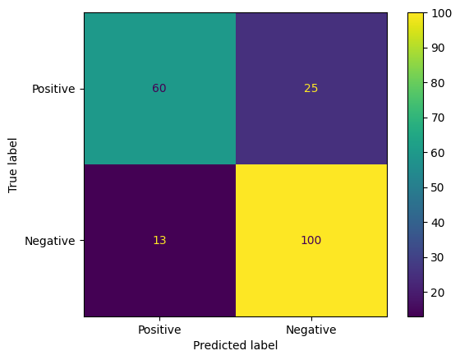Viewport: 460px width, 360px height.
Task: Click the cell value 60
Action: coord(159,89)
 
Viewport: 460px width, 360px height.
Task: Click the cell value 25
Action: coord(310,89)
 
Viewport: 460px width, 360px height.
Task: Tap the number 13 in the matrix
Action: coord(159,241)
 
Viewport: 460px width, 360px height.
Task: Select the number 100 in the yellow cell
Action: coord(310,241)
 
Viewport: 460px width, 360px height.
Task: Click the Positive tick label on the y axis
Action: coord(54,89)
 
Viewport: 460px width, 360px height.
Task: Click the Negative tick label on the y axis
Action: coord(50,241)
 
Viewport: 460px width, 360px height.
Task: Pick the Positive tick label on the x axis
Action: coord(159,330)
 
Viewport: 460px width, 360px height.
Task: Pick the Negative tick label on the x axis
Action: coord(310,330)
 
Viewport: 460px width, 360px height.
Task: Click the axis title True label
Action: coord(13,164)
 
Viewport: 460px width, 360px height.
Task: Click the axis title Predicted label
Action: coord(235,346)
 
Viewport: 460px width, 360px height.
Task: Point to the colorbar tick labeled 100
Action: coord(441,13)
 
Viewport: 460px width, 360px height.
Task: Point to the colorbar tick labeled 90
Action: coord(439,48)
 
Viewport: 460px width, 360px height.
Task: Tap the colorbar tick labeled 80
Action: coord(439,83)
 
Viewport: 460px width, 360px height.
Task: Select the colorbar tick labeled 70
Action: coord(439,118)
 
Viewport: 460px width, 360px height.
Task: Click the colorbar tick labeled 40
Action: coord(439,223)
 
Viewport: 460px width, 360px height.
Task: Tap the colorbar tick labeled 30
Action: coord(439,257)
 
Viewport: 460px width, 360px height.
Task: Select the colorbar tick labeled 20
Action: coord(439,293)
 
